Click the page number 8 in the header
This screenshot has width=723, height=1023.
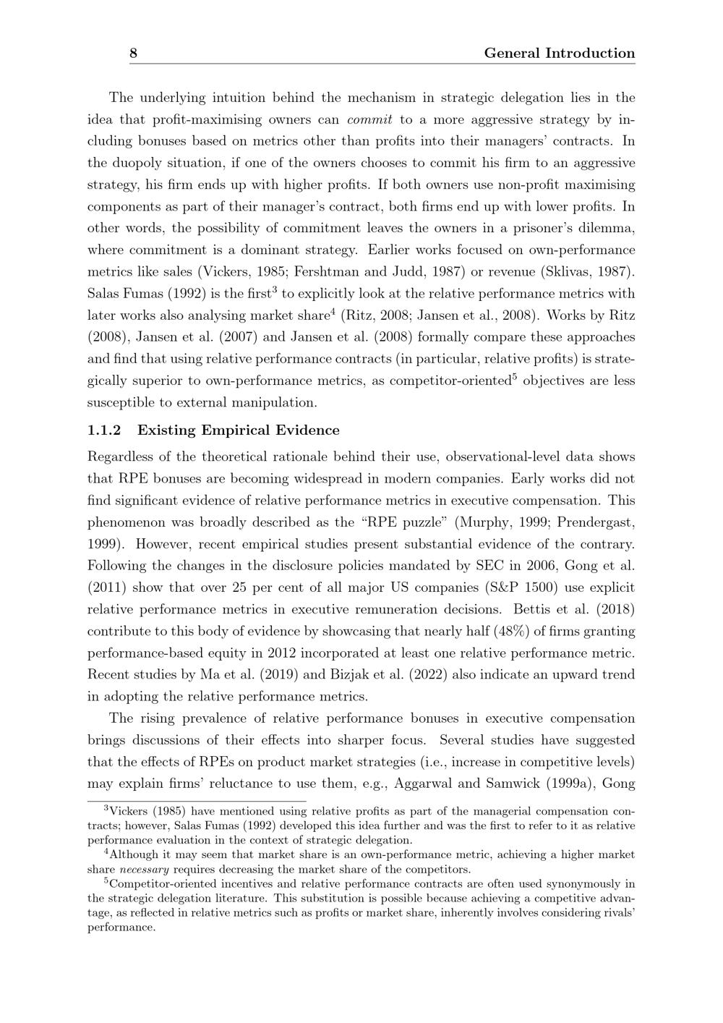pyautogui.click(x=134, y=54)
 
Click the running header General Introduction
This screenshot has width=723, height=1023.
pyautogui.click(x=559, y=54)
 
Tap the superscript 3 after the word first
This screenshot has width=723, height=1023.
pyautogui.click(x=275, y=291)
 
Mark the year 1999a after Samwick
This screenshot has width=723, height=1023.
pyautogui.click(x=564, y=784)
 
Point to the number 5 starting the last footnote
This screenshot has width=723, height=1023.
pyautogui.click(x=106, y=881)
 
